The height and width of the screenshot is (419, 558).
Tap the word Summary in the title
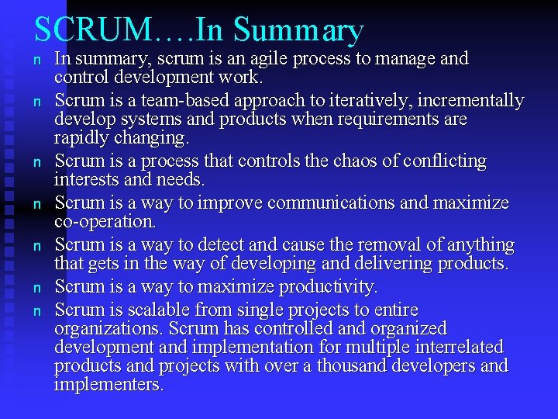click(x=298, y=32)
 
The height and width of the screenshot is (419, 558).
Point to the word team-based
click(x=167, y=101)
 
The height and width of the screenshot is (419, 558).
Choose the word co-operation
click(x=105, y=222)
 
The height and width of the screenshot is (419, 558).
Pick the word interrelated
click(x=449, y=347)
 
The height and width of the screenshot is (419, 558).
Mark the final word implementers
click(x=108, y=384)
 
